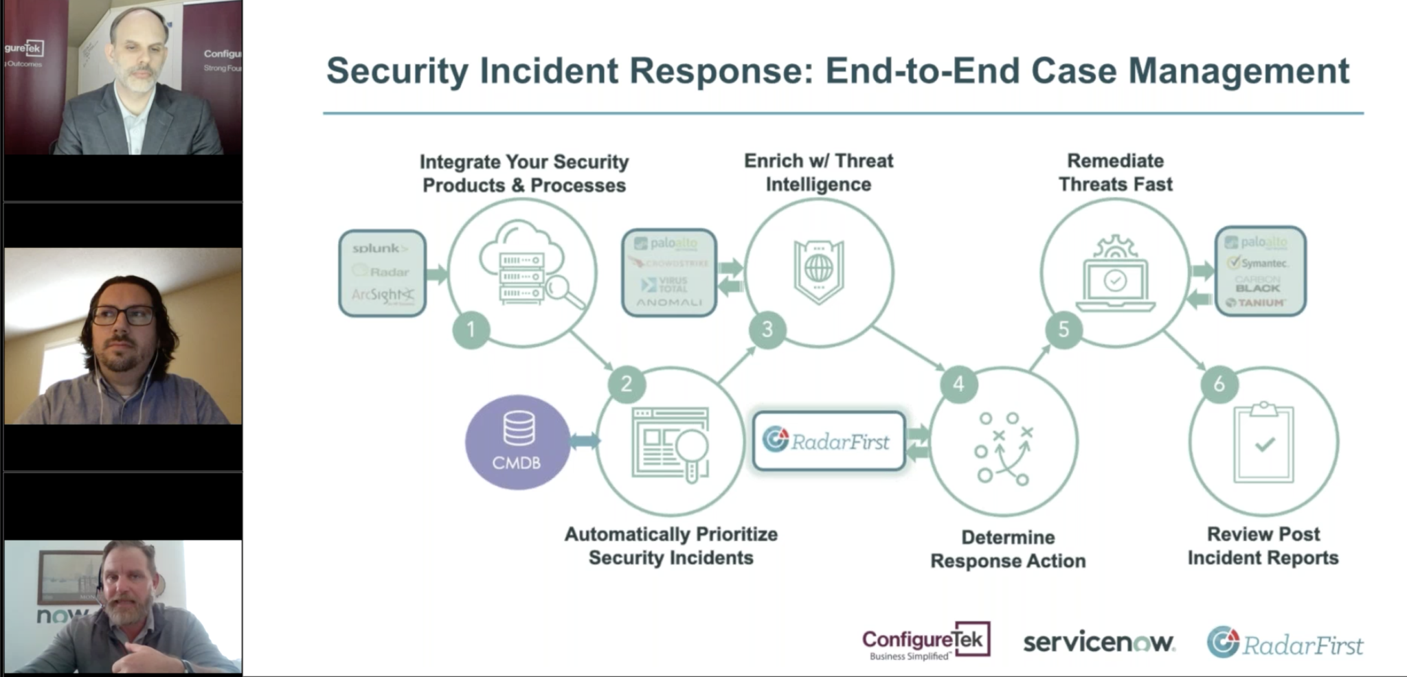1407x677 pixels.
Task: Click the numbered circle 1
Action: coord(471,330)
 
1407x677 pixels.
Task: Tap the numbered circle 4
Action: coord(958,385)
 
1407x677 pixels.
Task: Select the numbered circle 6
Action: coord(1219,384)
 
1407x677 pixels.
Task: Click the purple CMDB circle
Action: coord(517,442)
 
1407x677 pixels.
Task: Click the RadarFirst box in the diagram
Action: coord(829,441)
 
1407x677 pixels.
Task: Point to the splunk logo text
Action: coord(380,248)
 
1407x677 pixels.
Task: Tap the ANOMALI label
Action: coord(668,302)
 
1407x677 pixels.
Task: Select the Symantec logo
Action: coord(1259,263)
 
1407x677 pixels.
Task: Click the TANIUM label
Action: coord(1259,303)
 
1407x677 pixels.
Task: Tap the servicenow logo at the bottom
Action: coord(1099,643)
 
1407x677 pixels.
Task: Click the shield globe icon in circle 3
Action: coord(818,271)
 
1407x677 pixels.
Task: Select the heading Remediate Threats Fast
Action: coord(1115,172)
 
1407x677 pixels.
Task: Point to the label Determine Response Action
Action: coord(1008,549)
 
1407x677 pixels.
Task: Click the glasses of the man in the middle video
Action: coord(123,316)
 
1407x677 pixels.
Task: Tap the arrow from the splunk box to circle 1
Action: coord(437,275)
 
